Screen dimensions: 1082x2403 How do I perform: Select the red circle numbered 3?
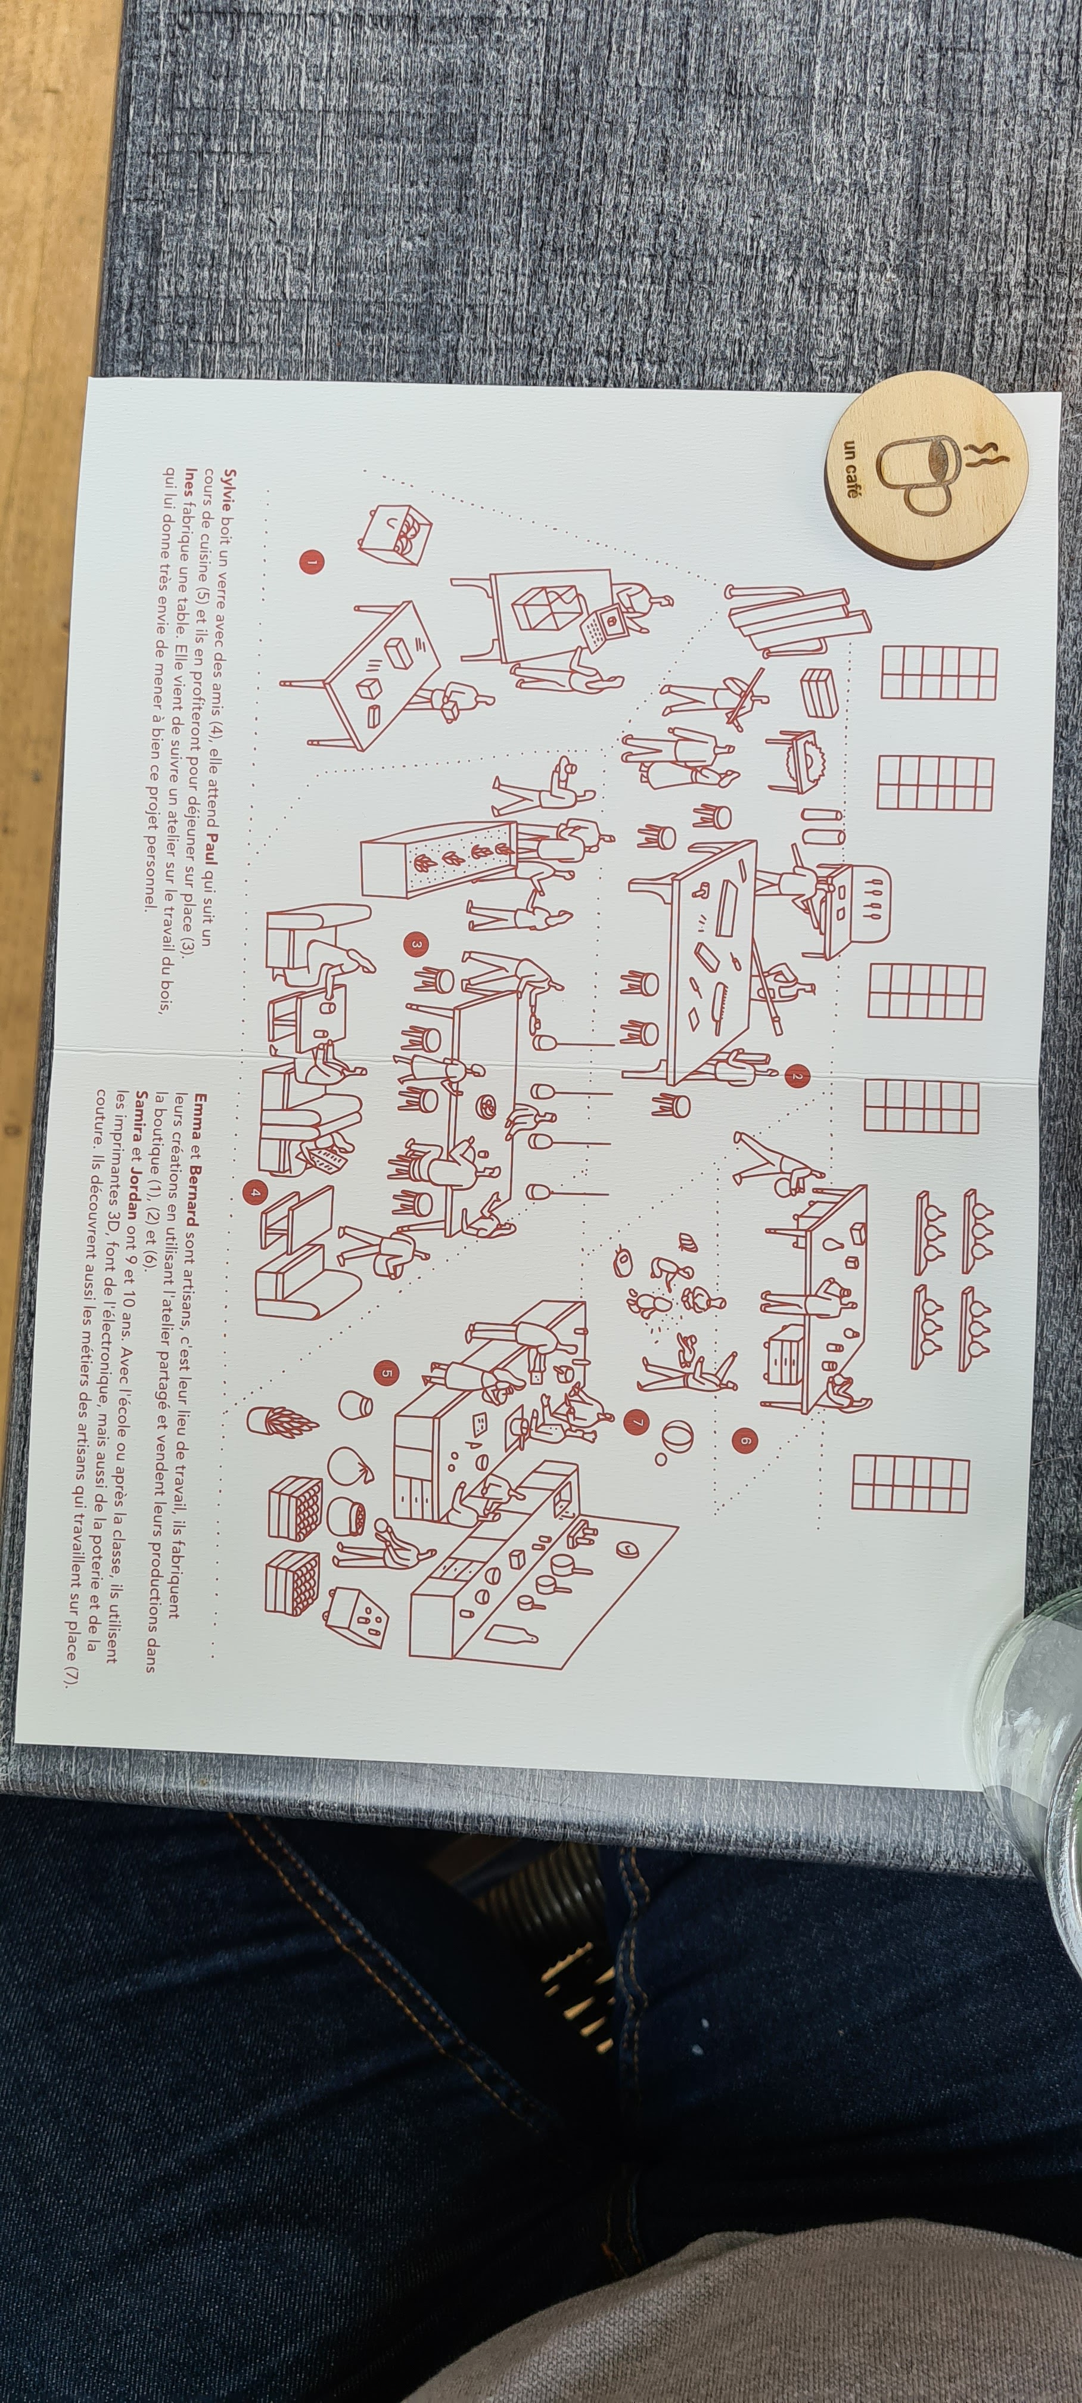tap(416, 945)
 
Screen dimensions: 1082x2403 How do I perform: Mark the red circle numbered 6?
tap(744, 1441)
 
